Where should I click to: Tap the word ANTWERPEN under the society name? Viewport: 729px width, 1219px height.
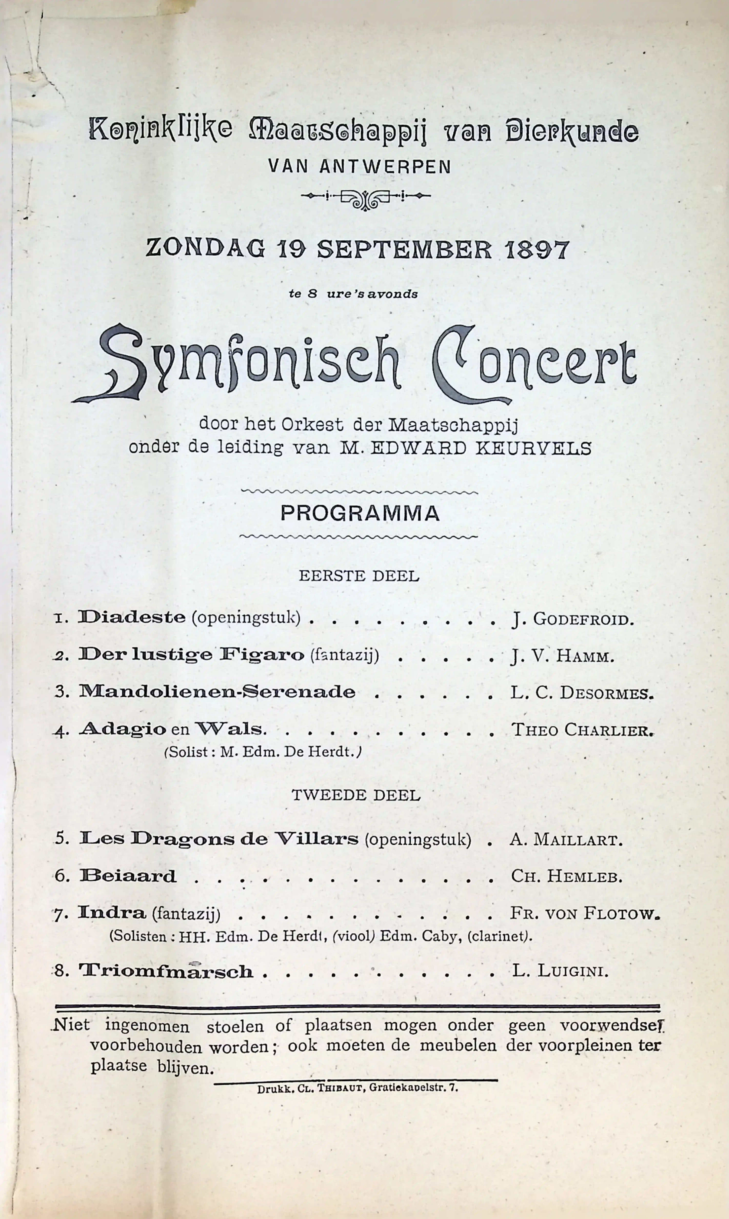(385, 167)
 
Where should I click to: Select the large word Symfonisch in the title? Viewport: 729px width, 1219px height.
(236, 363)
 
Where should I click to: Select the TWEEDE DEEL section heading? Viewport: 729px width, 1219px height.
(356, 795)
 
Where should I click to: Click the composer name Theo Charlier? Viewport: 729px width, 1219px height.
(582, 730)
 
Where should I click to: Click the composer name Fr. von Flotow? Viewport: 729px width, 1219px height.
(585, 914)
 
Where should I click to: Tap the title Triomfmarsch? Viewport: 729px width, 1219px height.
(166, 971)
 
